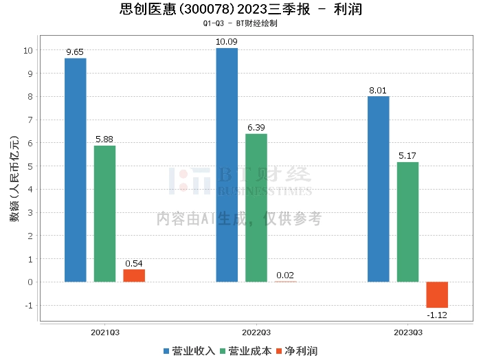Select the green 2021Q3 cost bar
[105, 214]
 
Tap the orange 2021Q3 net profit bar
[134, 275]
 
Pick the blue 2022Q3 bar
[227, 165]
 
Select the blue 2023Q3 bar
[378, 189]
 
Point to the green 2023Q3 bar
[407, 222]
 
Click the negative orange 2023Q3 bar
[437, 295]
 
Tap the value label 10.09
[227, 42]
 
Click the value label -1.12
[437, 315]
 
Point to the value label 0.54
[134, 263]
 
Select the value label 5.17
[407, 156]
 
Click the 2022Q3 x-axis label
[256, 332]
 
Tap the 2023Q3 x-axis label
[407, 332]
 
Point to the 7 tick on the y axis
[29, 120]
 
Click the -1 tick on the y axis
[27, 305]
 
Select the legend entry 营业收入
[189, 350]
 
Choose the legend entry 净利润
[297, 350]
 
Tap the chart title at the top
[240, 10]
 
